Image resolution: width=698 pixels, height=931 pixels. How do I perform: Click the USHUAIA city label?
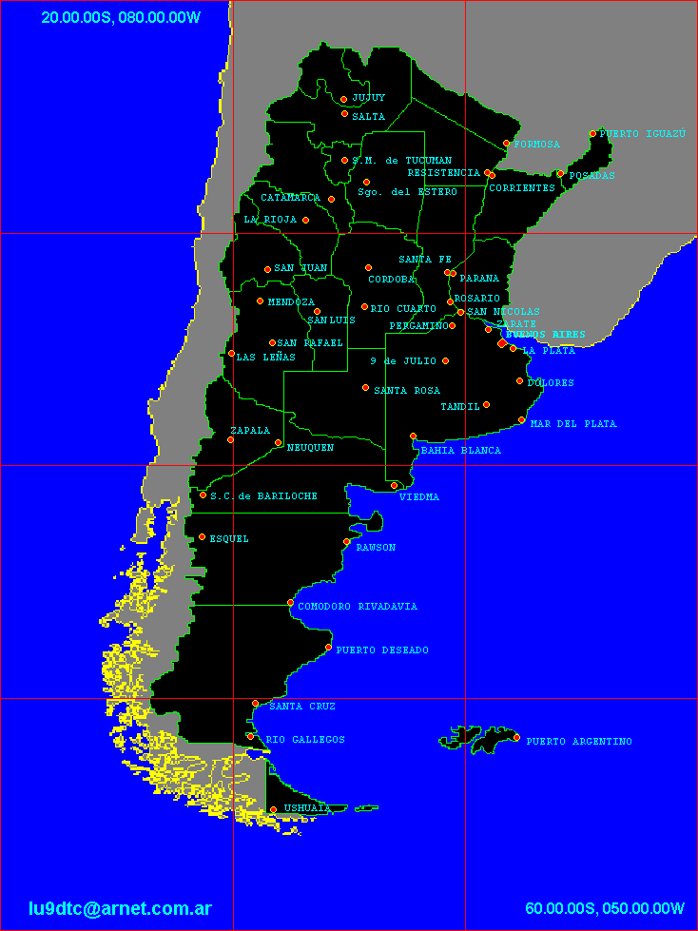click(306, 808)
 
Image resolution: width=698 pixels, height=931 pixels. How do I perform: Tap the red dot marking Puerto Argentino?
click(516, 738)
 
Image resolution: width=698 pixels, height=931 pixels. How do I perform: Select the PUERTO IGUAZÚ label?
click(642, 134)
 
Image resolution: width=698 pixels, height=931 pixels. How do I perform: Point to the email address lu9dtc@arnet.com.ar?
click(120, 908)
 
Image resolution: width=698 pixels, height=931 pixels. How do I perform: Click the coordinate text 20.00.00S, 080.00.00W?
click(121, 17)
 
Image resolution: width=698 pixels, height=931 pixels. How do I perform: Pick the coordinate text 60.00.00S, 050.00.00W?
click(604, 908)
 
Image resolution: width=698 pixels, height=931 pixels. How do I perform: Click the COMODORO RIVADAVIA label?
click(358, 607)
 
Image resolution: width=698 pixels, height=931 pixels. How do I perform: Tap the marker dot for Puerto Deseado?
click(328, 648)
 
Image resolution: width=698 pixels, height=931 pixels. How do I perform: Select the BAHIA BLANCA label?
click(460, 451)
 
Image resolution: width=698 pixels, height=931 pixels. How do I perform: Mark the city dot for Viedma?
click(395, 486)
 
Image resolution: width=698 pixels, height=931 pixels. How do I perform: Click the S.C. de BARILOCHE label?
click(263, 496)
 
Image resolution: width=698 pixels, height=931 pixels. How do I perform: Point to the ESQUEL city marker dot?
click(202, 537)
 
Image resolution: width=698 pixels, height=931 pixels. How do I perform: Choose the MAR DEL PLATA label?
click(572, 424)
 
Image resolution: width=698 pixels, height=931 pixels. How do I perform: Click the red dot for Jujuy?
click(343, 99)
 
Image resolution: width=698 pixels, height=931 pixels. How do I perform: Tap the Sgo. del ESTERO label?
click(407, 192)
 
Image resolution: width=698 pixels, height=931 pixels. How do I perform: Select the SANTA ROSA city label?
click(406, 391)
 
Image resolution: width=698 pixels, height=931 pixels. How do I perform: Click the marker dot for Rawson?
click(347, 542)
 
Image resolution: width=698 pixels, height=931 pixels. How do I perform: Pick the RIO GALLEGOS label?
click(304, 740)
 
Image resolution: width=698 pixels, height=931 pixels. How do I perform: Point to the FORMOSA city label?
click(536, 145)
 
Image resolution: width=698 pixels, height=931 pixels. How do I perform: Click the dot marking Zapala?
click(230, 439)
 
